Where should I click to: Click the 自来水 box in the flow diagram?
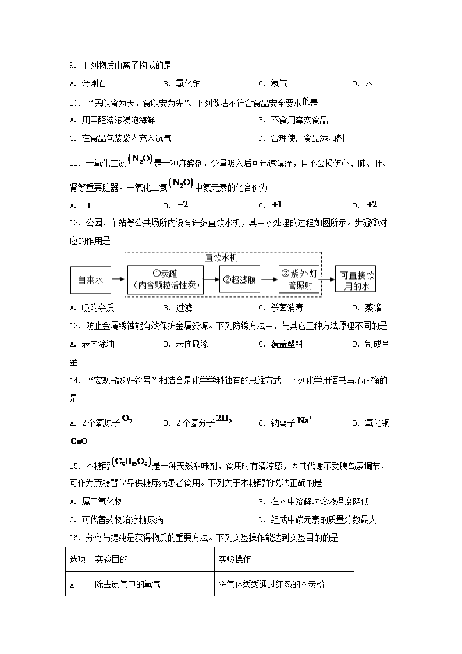(x=90, y=280)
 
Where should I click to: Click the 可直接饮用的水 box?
(x=356, y=280)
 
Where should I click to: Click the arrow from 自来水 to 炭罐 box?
(x=118, y=280)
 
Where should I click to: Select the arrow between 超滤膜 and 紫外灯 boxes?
(x=269, y=280)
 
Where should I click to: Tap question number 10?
(x=74, y=103)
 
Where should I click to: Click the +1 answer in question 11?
(x=276, y=205)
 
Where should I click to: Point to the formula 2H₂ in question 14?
(x=224, y=419)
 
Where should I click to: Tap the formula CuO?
(x=79, y=441)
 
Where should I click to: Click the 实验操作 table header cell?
(x=234, y=560)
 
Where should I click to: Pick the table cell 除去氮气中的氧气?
(x=127, y=584)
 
